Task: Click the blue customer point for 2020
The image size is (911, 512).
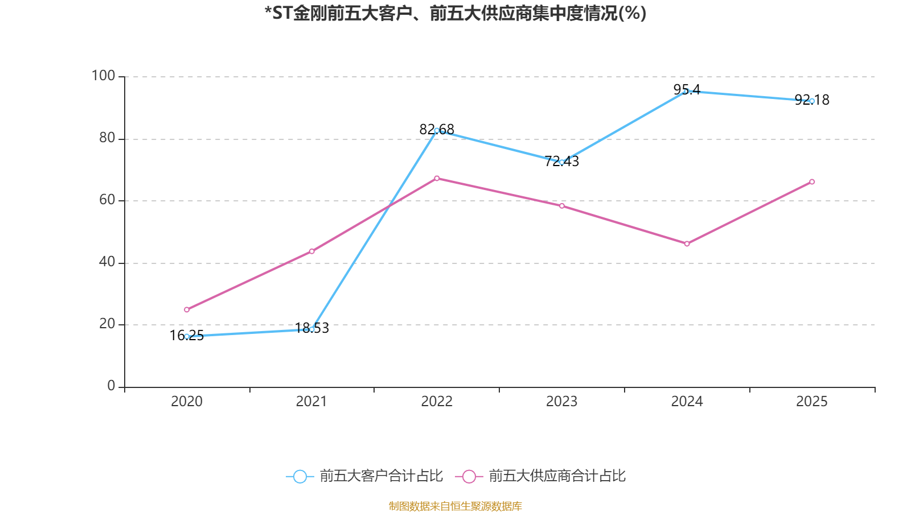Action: pyautogui.click(x=187, y=336)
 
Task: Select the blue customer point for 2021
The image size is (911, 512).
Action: pyautogui.click(x=312, y=329)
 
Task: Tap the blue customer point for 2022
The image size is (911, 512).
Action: pyautogui.click(x=437, y=131)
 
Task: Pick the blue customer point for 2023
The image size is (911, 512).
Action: pyautogui.click(x=562, y=162)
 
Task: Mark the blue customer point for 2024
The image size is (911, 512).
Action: pyautogui.click(x=687, y=91)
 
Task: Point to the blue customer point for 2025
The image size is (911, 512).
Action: pyautogui.click(x=812, y=101)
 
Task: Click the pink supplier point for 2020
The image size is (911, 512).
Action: pyautogui.click(x=187, y=309)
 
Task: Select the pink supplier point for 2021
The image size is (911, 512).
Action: pyautogui.click(x=312, y=251)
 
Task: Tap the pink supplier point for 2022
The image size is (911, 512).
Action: pyautogui.click(x=437, y=178)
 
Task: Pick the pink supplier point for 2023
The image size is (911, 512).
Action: pyautogui.click(x=562, y=206)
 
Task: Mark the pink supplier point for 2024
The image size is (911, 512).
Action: pyautogui.click(x=687, y=243)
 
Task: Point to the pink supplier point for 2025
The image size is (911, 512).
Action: pyautogui.click(x=812, y=182)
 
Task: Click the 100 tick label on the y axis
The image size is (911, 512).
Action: pyautogui.click(x=103, y=76)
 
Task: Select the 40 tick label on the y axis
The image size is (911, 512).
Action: pyautogui.click(x=106, y=262)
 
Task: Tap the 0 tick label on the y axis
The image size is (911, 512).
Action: pyautogui.click(x=111, y=386)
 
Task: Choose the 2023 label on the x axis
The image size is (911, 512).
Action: pyautogui.click(x=561, y=402)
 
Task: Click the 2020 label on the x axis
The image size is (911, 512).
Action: pyautogui.click(x=187, y=402)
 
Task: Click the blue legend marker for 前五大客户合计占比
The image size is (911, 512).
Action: pyautogui.click(x=299, y=476)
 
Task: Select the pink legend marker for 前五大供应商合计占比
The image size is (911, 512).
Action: pyautogui.click(x=469, y=476)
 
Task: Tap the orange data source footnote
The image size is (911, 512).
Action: pyautogui.click(x=455, y=506)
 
